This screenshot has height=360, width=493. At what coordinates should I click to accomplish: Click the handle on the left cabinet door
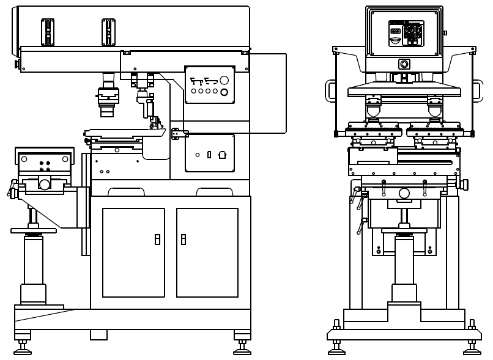point(157,239)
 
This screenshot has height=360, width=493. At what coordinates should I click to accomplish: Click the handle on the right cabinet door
point(183,239)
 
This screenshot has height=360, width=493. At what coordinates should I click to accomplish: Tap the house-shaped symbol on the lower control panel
point(222,155)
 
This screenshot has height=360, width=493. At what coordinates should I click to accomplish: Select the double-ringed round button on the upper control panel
point(224,92)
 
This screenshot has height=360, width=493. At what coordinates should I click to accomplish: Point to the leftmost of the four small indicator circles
point(193,91)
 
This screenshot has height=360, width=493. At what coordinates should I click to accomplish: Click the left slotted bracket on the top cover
point(48,32)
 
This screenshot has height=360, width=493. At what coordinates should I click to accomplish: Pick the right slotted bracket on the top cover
point(108,32)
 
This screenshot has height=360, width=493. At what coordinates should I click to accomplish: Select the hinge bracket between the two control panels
point(177,133)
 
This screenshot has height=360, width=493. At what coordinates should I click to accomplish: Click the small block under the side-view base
point(98,335)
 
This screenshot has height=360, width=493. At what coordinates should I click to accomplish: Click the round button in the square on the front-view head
point(404,64)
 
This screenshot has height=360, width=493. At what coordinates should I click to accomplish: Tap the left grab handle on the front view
point(331,90)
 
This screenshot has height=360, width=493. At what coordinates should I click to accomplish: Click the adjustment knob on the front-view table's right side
point(464,185)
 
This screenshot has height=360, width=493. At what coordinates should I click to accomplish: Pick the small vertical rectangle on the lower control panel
point(209,155)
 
